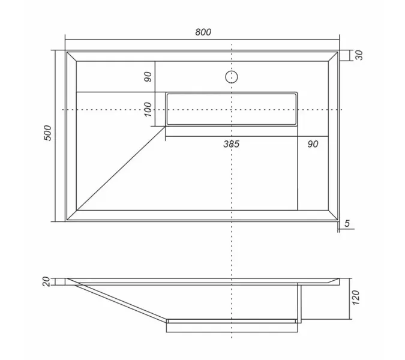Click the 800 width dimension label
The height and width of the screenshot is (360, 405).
click(203, 32)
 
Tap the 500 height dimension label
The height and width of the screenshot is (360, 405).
click(47, 133)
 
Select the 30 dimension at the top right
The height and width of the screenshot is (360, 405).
click(359, 55)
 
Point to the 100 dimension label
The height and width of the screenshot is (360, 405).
click(148, 109)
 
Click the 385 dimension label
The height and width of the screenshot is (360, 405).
click(232, 144)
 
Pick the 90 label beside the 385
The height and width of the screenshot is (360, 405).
click(313, 144)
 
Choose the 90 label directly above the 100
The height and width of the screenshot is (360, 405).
click(148, 77)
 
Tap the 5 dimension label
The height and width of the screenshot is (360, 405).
click(347, 223)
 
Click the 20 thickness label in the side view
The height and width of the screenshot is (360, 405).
click(46, 281)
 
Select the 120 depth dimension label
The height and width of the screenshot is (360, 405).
click(356, 298)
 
